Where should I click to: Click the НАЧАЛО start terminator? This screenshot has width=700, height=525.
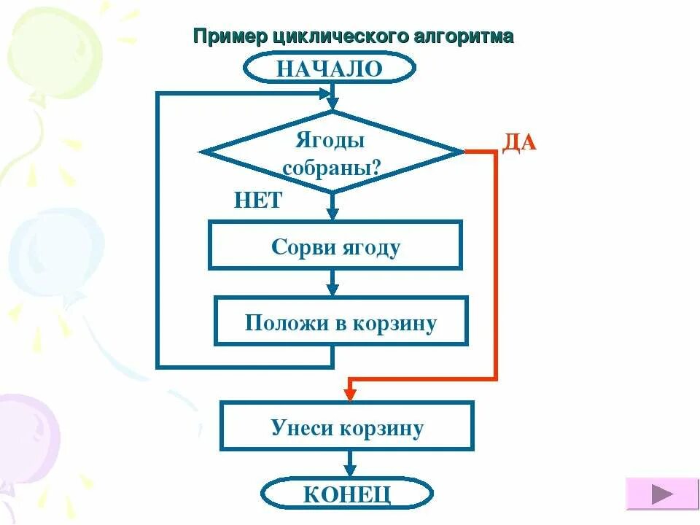pyautogui.click(x=330, y=69)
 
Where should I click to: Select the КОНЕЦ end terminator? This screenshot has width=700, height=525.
pyautogui.click(x=347, y=494)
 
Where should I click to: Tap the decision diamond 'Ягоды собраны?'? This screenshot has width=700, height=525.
pyautogui.click(x=332, y=152)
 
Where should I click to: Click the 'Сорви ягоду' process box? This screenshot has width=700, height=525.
pyautogui.click(x=335, y=246)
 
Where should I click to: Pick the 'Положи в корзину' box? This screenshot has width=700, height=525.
pyautogui.click(x=341, y=322)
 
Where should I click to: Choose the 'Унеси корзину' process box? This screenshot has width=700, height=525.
pyautogui.click(x=347, y=427)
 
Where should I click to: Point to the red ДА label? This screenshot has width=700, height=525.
pyautogui.click(x=519, y=142)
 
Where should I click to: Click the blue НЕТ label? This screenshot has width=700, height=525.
pyautogui.click(x=257, y=201)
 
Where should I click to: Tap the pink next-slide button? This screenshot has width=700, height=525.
pyautogui.click(x=662, y=494)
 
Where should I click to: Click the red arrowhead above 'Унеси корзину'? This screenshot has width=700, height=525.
pyautogui.click(x=350, y=394)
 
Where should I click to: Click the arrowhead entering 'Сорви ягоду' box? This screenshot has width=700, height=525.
pyautogui.click(x=332, y=214)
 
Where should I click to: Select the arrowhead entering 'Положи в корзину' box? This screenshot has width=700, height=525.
pyautogui.click(x=332, y=289)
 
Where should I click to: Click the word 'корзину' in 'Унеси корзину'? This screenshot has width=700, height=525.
pyautogui.click(x=381, y=427)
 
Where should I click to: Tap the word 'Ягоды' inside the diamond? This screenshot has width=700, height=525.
pyautogui.click(x=330, y=139)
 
